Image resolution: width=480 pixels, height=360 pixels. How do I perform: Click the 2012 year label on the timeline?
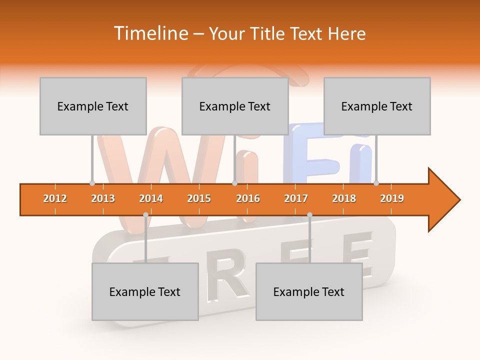click(55, 198)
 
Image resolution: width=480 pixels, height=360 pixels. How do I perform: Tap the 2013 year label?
click(103, 198)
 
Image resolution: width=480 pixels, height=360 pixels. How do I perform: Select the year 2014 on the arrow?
click(151, 198)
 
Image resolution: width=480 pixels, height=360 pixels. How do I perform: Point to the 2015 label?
click(199, 198)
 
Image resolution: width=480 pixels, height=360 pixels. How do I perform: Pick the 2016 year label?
click(248, 198)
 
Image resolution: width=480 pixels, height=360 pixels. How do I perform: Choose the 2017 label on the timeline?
click(296, 198)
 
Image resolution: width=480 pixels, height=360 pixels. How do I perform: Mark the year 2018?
click(344, 198)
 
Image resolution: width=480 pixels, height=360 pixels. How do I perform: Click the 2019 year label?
click(392, 198)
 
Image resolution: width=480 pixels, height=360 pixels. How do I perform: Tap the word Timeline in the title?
click(149, 33)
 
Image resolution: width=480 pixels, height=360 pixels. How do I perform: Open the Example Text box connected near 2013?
click(93, 106)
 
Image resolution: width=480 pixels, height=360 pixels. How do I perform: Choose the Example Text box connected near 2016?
click(235, 106)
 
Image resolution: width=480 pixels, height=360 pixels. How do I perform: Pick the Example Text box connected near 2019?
click(377, 106)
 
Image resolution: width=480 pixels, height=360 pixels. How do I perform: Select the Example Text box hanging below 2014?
click(145, 291)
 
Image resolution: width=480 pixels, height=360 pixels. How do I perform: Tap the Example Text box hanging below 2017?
click(309, 291)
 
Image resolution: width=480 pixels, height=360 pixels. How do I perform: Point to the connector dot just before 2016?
click(234, 183)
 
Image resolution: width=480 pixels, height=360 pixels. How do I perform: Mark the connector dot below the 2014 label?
click(145, 214)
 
